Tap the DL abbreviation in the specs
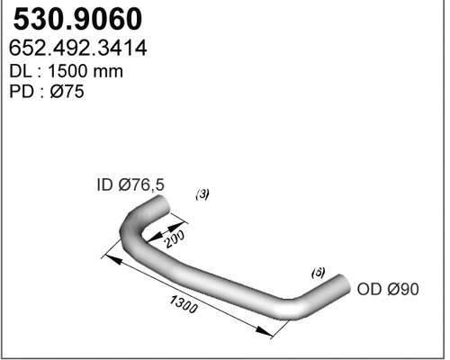point(20,70)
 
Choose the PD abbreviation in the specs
point(20,92)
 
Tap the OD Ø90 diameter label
point(388,289)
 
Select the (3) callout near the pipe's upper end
point(202,193)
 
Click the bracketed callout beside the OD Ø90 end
point(317,271)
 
